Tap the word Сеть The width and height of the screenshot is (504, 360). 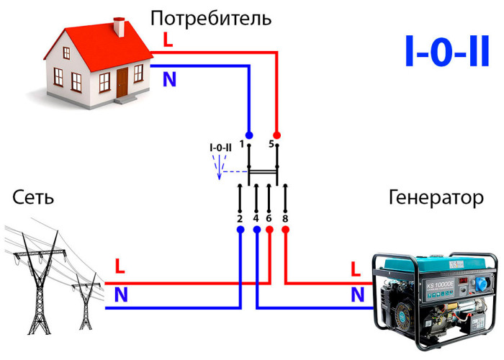point(33,197)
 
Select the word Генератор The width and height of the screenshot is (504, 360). point(436,198)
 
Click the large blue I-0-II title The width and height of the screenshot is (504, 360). point(447,51)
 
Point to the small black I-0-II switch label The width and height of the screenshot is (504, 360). point(220,148)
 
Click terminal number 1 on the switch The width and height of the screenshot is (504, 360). point(242,144)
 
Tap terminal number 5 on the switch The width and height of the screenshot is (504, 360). point(271,144)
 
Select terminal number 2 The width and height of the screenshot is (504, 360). point(240,219)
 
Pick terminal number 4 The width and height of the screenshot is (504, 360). point(256,219)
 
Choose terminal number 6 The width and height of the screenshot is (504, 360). point(269,219)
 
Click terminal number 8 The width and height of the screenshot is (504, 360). point(285,219)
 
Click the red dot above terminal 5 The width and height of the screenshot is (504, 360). point(276,135)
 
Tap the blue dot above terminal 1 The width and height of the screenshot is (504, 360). point(249,135)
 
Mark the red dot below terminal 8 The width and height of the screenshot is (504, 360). point(285,230)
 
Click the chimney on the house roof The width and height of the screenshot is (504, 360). point(120,27)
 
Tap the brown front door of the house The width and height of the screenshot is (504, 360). point(122,83)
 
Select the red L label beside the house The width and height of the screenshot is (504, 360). point(168,40)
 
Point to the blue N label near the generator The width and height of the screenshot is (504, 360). point(357,294)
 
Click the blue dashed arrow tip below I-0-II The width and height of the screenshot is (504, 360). point(219,179)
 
